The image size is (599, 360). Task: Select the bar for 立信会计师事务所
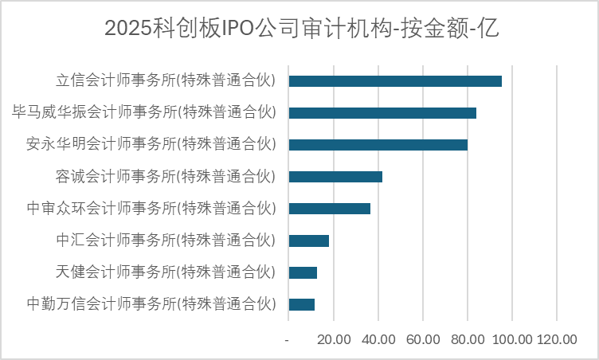395,81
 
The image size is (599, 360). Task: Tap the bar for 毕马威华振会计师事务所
382,113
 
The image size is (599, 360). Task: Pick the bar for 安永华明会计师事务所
378,145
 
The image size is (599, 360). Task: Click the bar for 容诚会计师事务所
335,177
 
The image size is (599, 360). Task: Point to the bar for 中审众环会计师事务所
329,209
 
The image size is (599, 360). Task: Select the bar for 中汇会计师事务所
308,241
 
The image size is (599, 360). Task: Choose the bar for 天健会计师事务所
303,272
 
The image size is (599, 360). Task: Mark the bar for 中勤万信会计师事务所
301,304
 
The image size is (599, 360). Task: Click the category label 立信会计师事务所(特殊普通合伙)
166,80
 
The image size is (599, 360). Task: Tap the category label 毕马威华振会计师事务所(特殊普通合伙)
144,112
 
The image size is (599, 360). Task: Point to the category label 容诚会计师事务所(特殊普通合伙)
166,176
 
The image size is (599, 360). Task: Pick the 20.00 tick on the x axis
334,340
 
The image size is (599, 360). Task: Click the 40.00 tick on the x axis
378,340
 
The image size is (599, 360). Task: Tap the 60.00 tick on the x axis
423,340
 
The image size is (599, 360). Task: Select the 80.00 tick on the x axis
468,340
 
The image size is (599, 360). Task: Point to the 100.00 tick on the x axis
512,340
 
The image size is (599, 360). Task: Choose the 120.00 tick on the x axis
557,340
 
